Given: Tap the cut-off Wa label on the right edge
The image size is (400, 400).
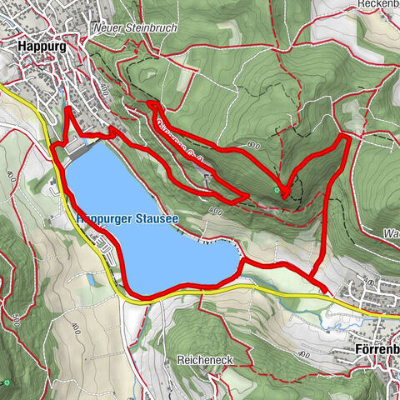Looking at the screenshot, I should point(391,233).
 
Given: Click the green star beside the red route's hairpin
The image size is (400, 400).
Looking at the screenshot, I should point(276,191).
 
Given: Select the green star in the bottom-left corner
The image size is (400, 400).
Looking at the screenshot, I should point(7,382).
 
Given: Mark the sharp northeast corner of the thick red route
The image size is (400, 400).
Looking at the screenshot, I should point(344,137).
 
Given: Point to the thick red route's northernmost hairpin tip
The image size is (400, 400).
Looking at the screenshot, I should point(151,103).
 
